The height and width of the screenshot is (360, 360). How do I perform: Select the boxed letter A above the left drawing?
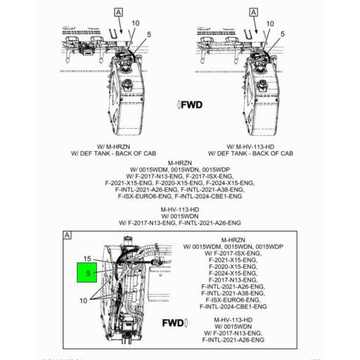[x=118, y=13]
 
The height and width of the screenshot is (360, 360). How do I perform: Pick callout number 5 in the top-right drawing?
[x=282, y=33]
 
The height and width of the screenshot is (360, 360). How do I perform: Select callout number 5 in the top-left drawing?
[x=149, y=33]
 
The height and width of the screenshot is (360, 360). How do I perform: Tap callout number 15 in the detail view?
[x=88, y=259]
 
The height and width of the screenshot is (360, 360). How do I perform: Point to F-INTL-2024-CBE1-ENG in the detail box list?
[x=232, y=307]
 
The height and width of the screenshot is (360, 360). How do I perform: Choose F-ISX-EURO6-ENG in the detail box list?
[x=232, y=299]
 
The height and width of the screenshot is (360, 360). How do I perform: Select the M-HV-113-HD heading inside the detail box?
[x=233, y=320]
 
